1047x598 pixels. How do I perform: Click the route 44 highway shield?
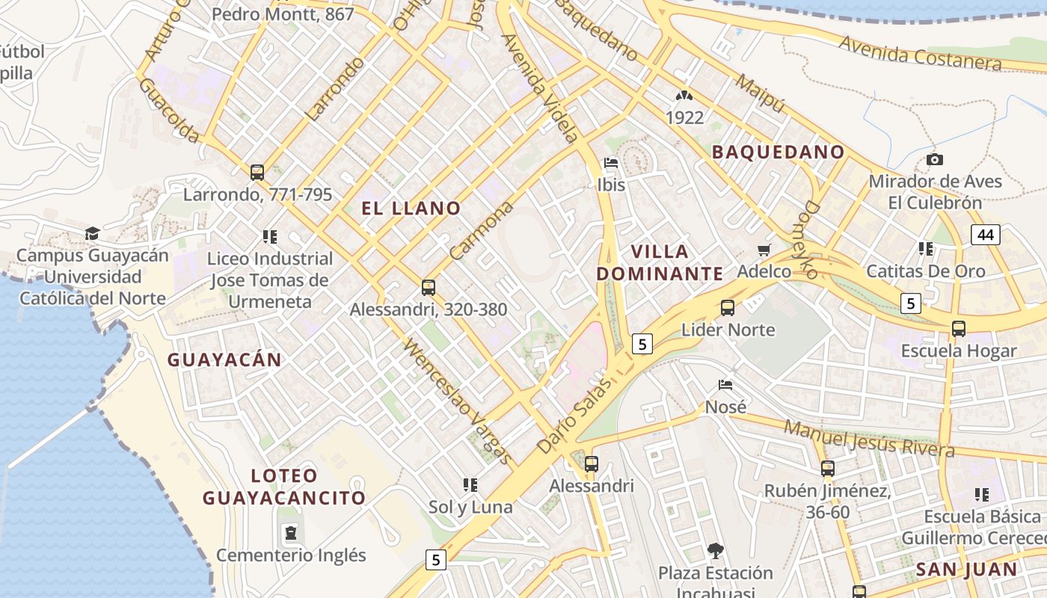(x=986, y=235)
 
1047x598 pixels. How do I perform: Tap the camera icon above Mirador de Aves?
(x=934, y=159)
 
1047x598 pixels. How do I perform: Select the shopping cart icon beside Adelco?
(x=764, y=250)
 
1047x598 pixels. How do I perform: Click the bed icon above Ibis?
(x=611, y=163)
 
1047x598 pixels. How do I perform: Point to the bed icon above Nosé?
(x=725, y=386)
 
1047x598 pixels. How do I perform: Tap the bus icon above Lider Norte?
(x=727, y=307)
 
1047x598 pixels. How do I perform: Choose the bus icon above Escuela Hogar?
(x=958, y=328)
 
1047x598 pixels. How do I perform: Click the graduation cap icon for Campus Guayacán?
(x=92, y=233)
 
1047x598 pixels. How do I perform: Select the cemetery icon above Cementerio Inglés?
(x=290, y=533)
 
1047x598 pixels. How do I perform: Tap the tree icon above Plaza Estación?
(x=715, y=551)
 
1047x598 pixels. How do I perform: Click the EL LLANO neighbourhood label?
(x=411, y=209)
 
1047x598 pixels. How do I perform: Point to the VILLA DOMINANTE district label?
(x=660, y=262)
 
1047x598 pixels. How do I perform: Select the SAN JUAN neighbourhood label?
(x=966, y=570)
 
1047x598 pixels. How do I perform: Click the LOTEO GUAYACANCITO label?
(x=284, y=487)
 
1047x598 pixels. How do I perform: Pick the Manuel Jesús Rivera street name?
(x=869, y=439)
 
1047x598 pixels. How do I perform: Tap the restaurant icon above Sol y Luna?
(x=470, y=485)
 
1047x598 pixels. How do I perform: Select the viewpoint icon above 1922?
(x=684, y=96)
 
